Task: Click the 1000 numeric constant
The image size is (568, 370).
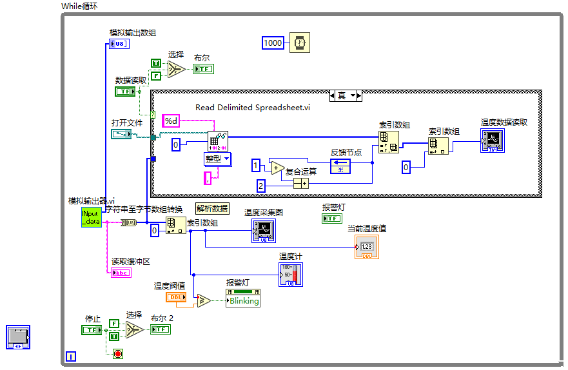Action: tap(273, 43)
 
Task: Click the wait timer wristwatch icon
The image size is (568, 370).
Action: tap(299, 43)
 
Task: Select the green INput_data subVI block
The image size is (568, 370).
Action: tap(91, 217)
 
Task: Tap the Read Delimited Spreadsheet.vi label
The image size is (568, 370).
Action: tap(253, 108)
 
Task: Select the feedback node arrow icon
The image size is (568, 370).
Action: tap(340, 166)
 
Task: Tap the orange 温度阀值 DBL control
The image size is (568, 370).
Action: tap(176, 297)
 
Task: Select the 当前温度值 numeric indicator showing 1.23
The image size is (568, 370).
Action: tap(366, 247)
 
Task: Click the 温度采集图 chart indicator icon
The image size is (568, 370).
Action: tap(263, 231)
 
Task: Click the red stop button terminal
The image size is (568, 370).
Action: tap(117, 353)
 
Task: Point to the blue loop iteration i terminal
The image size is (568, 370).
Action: tap(71, 356)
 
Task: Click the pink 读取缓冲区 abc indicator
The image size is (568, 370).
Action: tap(121, 273)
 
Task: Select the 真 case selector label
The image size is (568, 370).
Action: tap(342, 95)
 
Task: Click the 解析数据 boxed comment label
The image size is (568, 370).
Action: tap(212, 209)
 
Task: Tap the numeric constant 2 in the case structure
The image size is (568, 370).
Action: tap(260, 186)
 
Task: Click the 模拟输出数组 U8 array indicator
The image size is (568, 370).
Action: tap(119, 44)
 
